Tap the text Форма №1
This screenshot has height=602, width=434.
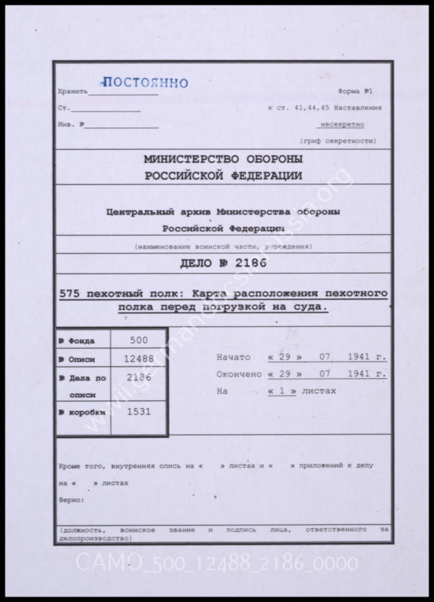[355, 91]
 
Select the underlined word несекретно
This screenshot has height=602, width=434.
[342, 124]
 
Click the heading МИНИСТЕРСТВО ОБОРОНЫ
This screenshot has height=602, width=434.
[223, 159]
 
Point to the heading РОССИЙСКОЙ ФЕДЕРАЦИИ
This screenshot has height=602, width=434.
[223, 176]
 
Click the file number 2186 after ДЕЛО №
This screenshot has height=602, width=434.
[250, 263]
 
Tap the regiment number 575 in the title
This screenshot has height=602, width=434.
[69, 293]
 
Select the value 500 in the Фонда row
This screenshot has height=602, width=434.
[139, 340]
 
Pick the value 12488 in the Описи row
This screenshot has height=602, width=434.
[139, 358]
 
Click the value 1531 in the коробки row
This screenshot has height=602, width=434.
[139, 412]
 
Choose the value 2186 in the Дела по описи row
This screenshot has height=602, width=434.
[139, 377]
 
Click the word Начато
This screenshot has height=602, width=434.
[233, 357]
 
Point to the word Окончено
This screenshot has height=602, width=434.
[239, 374]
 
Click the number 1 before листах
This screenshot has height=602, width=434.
[282, 391]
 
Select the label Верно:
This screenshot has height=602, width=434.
[72, 500]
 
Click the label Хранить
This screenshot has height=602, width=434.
[72, 92]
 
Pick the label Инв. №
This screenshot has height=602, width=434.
[71, 125]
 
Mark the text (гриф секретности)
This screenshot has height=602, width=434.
[338, 141]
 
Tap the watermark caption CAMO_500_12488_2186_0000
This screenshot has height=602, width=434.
[217, 563]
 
